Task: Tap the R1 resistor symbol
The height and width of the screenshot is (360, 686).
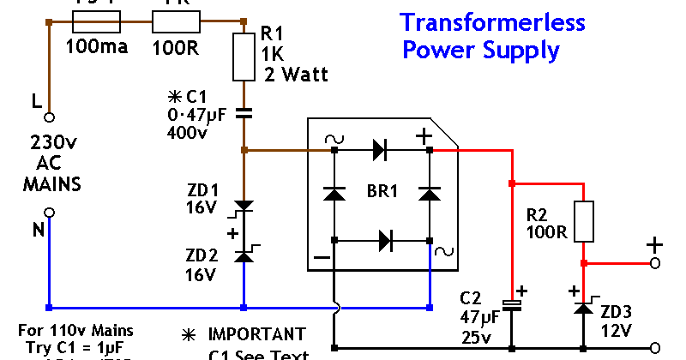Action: click(244, 59)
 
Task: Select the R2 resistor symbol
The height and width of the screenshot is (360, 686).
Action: click(583, 221)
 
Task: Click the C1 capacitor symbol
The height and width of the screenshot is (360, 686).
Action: click(244, 111)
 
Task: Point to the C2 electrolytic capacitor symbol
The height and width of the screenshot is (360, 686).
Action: click(511, 305)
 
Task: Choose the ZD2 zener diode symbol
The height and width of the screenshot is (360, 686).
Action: click(244, 254)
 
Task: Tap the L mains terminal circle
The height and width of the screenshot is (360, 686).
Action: click(49, 117)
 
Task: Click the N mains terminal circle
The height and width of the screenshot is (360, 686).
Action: click(49, 212)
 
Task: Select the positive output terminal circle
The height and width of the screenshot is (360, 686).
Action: click(655, 264)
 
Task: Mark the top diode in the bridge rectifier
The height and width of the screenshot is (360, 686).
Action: click(380, 150)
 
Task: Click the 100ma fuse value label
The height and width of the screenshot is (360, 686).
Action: click(97, 46)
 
